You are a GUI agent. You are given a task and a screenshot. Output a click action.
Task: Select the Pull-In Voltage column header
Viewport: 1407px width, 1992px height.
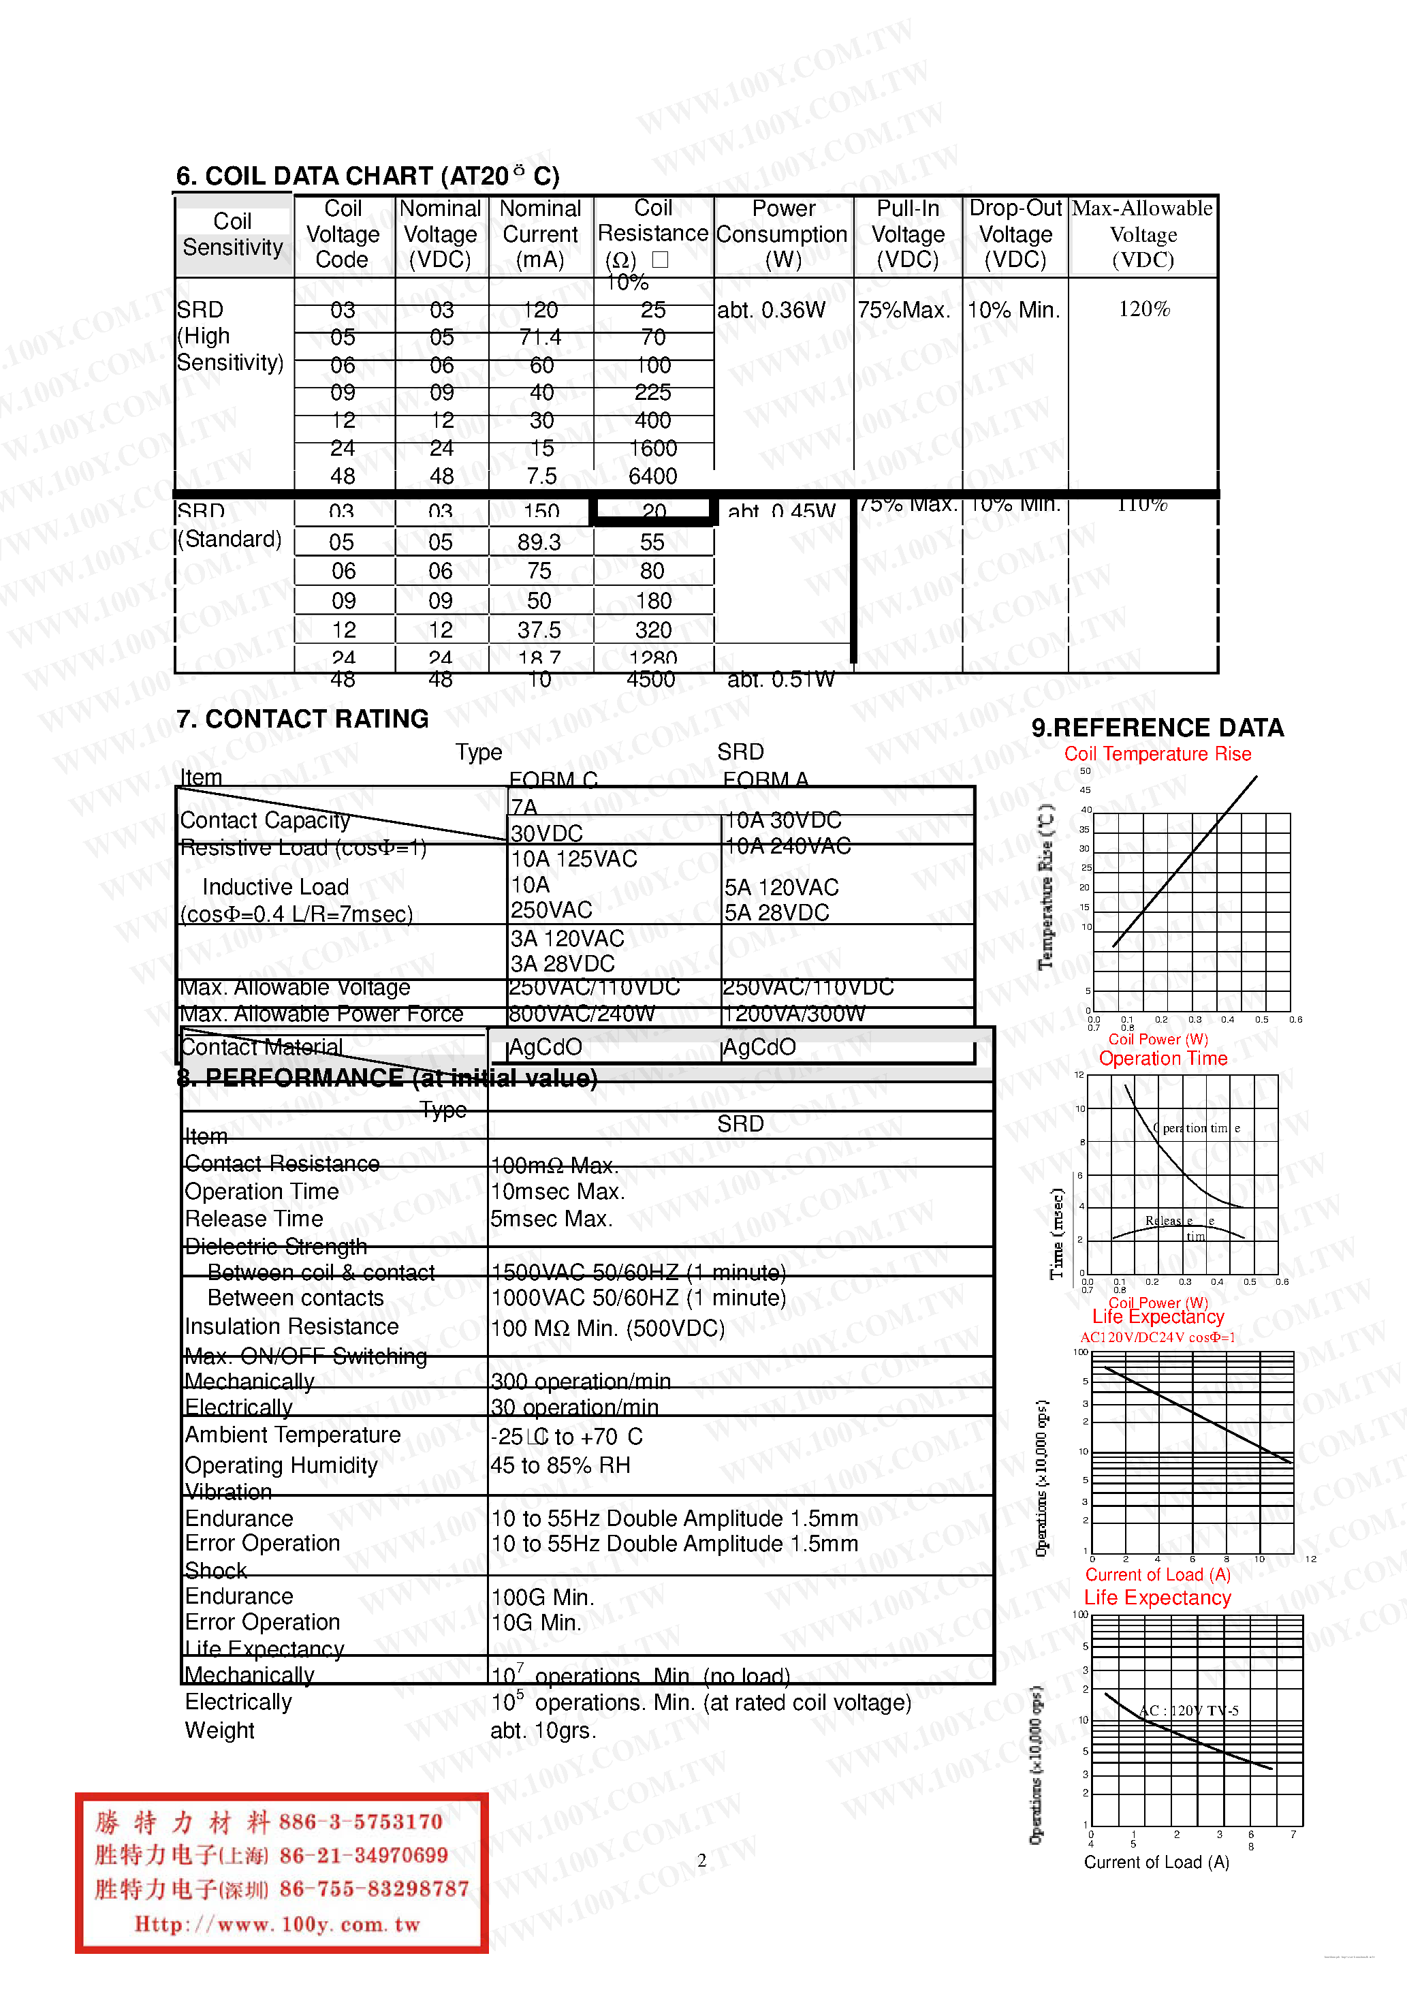coord(907,234)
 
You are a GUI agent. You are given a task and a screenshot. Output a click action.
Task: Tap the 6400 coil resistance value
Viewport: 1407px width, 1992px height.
coord(652,476)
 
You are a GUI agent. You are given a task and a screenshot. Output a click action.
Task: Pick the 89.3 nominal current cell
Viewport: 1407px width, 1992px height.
coord(539,542)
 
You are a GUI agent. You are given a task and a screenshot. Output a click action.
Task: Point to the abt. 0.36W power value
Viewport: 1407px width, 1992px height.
coord(771,311)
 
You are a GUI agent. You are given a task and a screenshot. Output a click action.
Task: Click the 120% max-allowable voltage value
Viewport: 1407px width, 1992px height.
coord(1143,310)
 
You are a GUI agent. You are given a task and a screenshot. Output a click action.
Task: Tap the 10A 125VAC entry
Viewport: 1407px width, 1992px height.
coord(573,859)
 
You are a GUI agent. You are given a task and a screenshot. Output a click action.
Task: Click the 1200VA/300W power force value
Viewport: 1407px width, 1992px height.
coord(793,1013)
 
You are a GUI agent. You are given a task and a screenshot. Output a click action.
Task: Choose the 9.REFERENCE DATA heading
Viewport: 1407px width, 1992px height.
coord(1157,728)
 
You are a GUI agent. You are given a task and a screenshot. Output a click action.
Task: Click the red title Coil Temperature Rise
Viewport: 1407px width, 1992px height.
coord(1157,754)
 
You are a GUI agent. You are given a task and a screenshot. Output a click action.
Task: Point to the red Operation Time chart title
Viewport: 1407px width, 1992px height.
coord(1163,1059)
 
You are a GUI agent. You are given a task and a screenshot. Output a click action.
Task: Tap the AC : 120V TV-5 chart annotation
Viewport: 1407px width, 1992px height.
coord(1188,1711)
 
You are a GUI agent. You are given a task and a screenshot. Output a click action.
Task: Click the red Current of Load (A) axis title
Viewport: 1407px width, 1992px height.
coord(1157,1574)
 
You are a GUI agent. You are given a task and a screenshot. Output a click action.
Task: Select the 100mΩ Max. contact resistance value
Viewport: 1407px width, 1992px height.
coord(554,1165)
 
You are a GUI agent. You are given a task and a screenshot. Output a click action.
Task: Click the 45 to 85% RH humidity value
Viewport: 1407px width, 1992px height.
coord(560,1465)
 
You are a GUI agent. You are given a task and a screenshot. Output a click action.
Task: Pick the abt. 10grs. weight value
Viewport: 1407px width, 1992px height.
coord(543,1731)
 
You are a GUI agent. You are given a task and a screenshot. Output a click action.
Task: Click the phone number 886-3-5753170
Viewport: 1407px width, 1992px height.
coord(361,1821)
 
